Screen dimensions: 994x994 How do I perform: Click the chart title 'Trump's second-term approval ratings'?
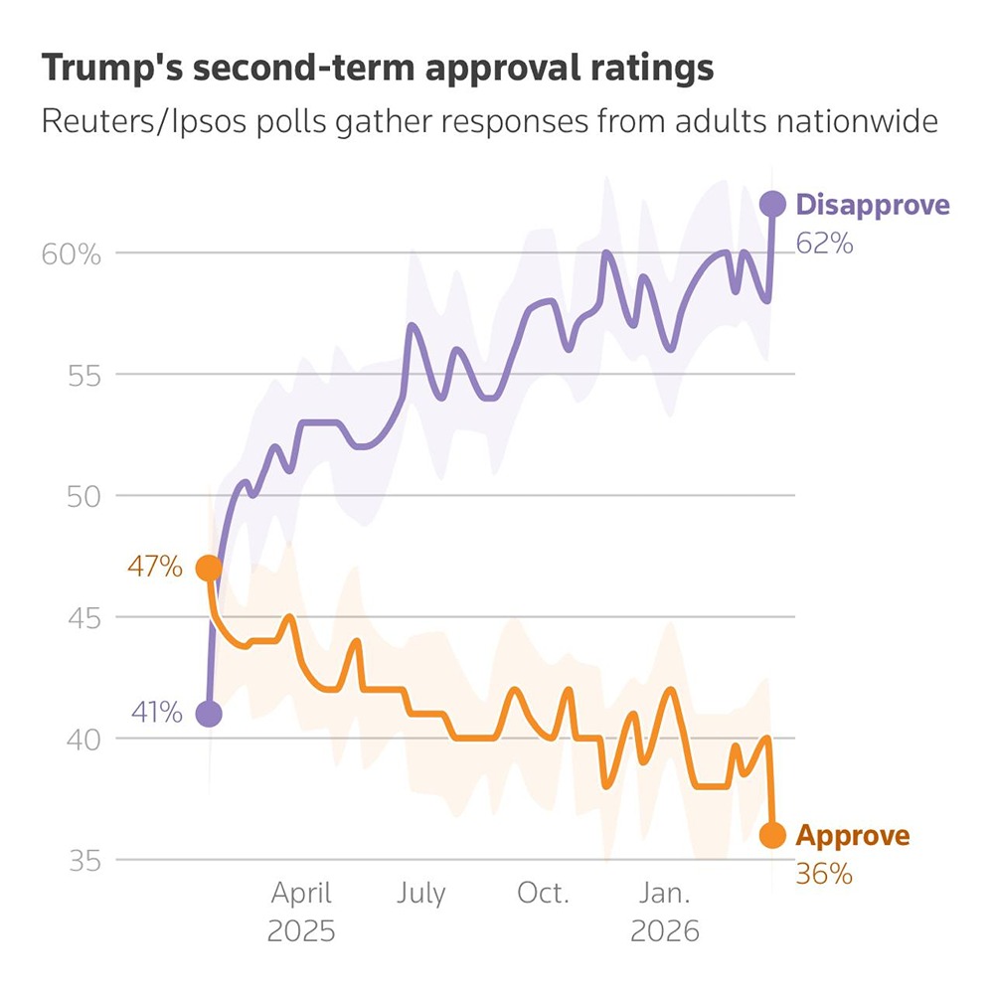tap(377, 69)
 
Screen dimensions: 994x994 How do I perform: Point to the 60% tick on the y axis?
tap(72, 254)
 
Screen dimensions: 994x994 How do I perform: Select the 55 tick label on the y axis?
tap(83, 375)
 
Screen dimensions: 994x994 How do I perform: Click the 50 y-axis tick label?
tap(83, 496)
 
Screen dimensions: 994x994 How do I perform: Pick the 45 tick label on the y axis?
tap(83, 617)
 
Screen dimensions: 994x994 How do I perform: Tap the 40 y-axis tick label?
tap(83, 739)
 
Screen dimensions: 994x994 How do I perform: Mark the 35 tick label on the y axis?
tap(83, 860)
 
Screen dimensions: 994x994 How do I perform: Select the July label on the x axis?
tap(421, 893)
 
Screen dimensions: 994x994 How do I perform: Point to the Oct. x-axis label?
tap(543, 893)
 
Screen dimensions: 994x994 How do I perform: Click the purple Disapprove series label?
tap(873, 206)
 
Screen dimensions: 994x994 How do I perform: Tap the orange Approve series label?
tap(853, 836)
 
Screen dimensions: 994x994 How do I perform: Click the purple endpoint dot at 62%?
tap(772, 204)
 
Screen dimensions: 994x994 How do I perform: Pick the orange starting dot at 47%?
tap(209, 569)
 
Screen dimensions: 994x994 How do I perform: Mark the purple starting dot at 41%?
tap(209, 714)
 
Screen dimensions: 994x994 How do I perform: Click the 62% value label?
tap(824, 244)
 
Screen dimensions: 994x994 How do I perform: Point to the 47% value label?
tap(155, 569)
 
